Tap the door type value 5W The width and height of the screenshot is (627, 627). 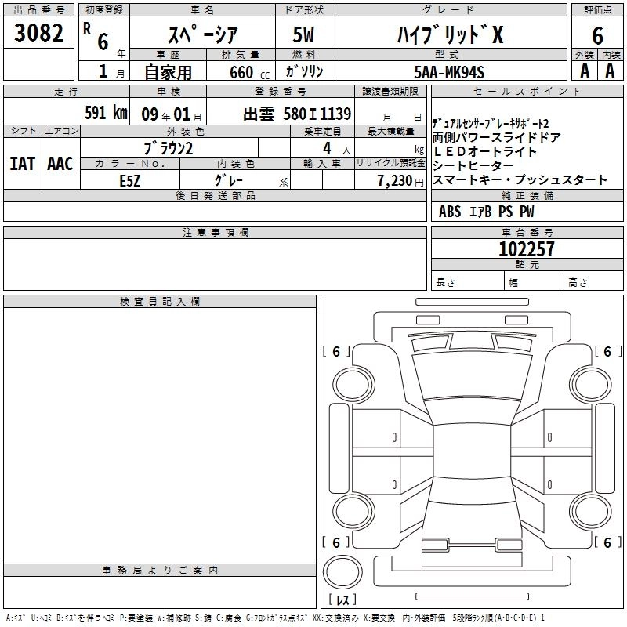(x=305, y=34)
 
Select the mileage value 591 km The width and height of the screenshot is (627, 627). (x=105, y=112)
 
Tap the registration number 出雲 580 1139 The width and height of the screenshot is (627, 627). (x=297, y=113)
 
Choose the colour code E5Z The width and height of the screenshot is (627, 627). (x=130, y=179)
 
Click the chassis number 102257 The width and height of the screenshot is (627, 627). (x=527, y=249)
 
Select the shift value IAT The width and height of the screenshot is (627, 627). (x=22, y=164)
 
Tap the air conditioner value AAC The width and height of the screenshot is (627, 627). (x=60, y=164)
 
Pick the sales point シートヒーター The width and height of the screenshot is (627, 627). (x=473, y=166)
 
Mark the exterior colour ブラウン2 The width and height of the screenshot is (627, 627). (x=169, y=148)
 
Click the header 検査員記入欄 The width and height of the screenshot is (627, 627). (x=160, y=302)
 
